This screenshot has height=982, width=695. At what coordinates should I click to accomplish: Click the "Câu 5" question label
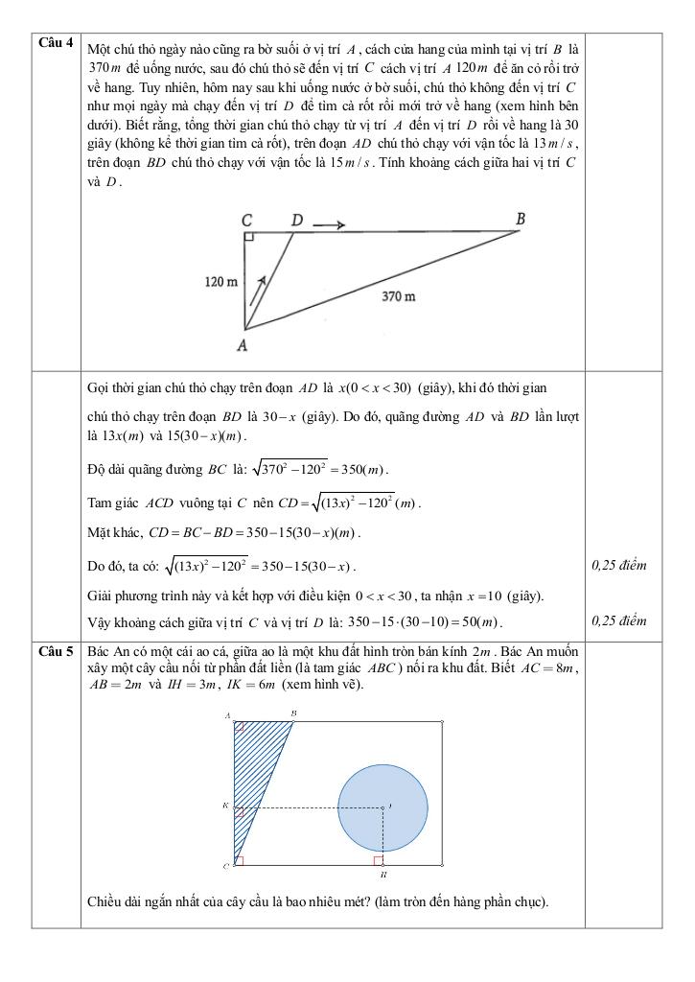click(x=55, y=651)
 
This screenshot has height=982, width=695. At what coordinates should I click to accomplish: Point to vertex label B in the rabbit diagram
click(x=521, y=220)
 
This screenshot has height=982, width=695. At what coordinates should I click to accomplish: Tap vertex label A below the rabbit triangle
click(x=243, y=345)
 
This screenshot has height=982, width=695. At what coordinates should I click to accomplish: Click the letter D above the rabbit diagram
click(x=297, y=222)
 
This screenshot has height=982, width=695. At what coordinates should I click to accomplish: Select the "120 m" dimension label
click(x=220, y=282)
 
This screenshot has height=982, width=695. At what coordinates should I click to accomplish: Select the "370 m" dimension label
click(x=399, y=297)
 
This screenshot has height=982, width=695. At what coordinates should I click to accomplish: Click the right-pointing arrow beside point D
click(x=329, y=226)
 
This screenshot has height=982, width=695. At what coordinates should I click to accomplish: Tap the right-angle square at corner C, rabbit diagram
click(x=249, y=236)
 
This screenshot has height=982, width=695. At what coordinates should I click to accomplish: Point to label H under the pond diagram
click(x=382, y=876)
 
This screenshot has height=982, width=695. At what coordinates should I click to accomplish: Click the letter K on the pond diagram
click(x=224, y=807)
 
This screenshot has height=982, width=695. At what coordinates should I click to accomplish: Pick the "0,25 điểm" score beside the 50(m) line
click(x=619, y=620)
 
